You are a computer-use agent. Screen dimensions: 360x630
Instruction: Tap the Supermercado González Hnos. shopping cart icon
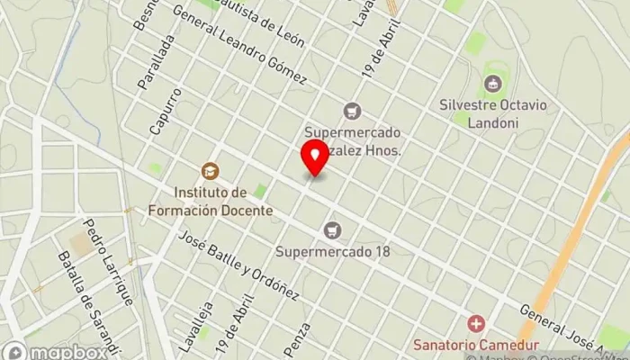point(352,111)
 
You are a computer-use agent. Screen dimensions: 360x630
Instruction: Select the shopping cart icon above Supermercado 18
point(333,230)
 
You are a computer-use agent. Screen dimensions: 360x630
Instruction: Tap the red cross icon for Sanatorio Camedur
point(474,323)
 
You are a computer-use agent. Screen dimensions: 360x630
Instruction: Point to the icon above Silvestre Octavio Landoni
point(491,85)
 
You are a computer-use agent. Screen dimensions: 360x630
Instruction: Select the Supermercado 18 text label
point(333,251)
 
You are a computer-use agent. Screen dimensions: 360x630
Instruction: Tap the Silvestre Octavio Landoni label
point(491,113)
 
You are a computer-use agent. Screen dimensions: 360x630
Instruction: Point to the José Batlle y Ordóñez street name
point(238,265)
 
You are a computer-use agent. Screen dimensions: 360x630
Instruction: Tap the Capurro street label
point(166,111)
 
